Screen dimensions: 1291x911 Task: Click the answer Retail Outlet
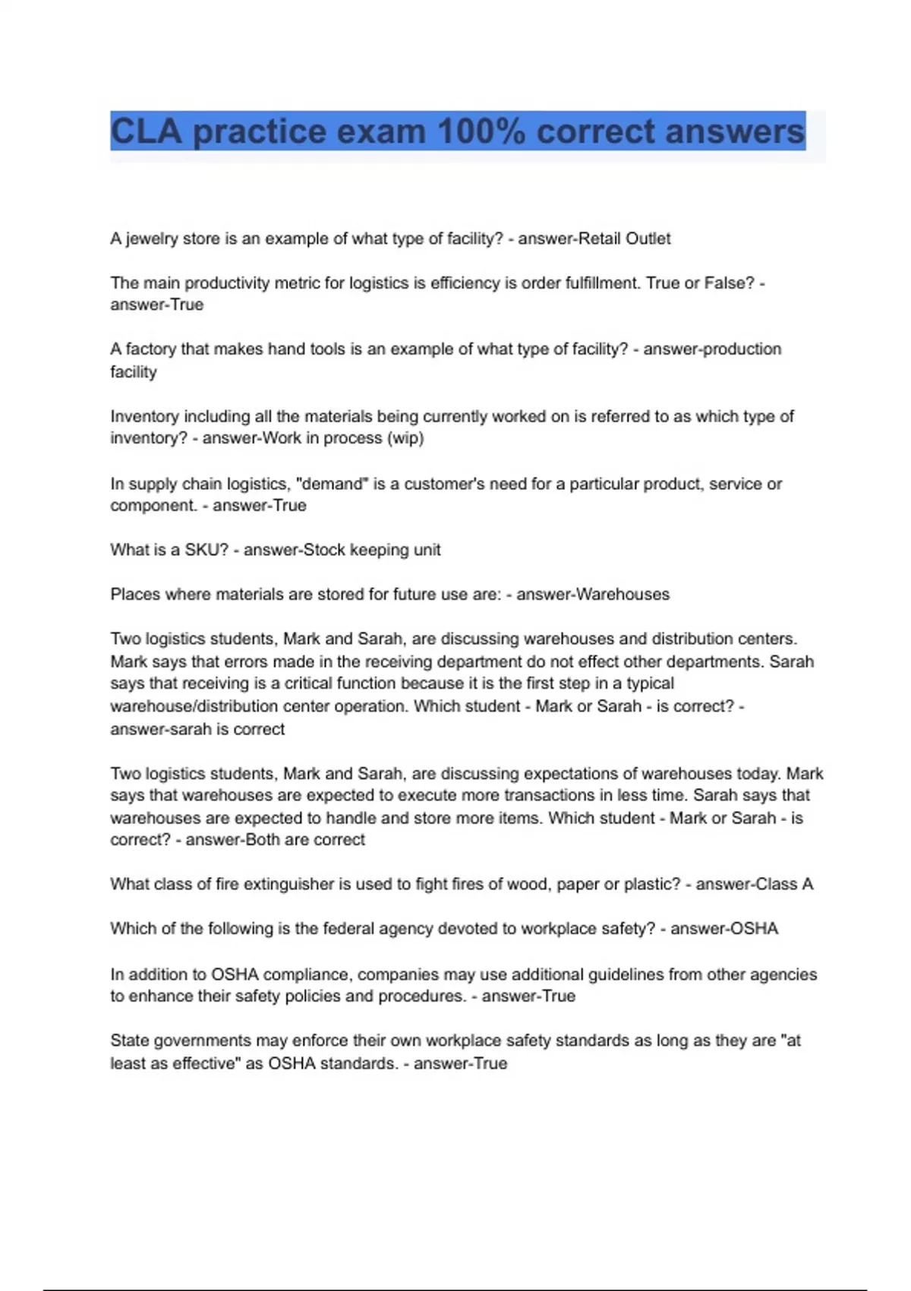pos(624,239)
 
